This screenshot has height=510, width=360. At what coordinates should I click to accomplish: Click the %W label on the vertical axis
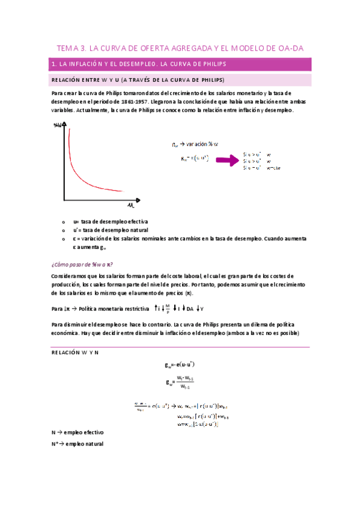(x=58, y=125)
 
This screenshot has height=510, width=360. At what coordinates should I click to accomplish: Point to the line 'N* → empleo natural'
(x=78, y=444)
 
